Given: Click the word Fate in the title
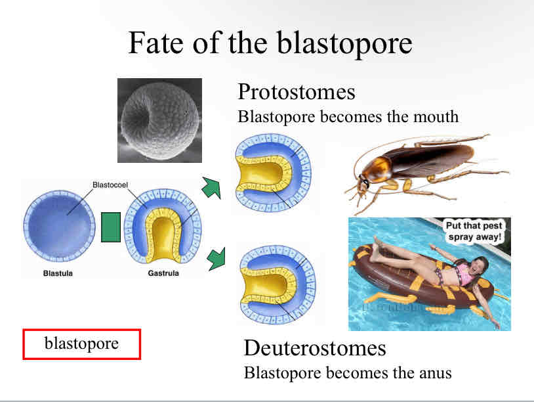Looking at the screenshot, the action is coord(156,43).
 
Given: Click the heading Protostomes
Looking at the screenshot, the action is coord(297,91).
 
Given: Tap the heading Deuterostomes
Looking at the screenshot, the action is coord(315,347).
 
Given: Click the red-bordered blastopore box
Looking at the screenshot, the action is coord(82,344).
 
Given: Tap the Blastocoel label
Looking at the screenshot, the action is coord(110,185).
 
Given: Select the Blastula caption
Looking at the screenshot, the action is coord(58,273).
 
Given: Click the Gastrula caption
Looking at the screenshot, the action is coord(163,273).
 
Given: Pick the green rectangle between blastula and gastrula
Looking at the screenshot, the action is coord(111,227).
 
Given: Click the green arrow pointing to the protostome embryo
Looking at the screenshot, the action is coord(211,187).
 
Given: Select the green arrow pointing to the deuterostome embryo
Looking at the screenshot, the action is coord(216,260).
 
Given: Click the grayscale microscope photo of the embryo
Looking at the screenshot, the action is coord(159,120).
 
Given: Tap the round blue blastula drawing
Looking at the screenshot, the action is coord(59,226).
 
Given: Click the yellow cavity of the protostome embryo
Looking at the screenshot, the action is coord(263,173).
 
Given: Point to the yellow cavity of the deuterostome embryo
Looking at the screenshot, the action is coord(268,285).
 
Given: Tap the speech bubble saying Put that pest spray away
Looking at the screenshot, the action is coord(474,231).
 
